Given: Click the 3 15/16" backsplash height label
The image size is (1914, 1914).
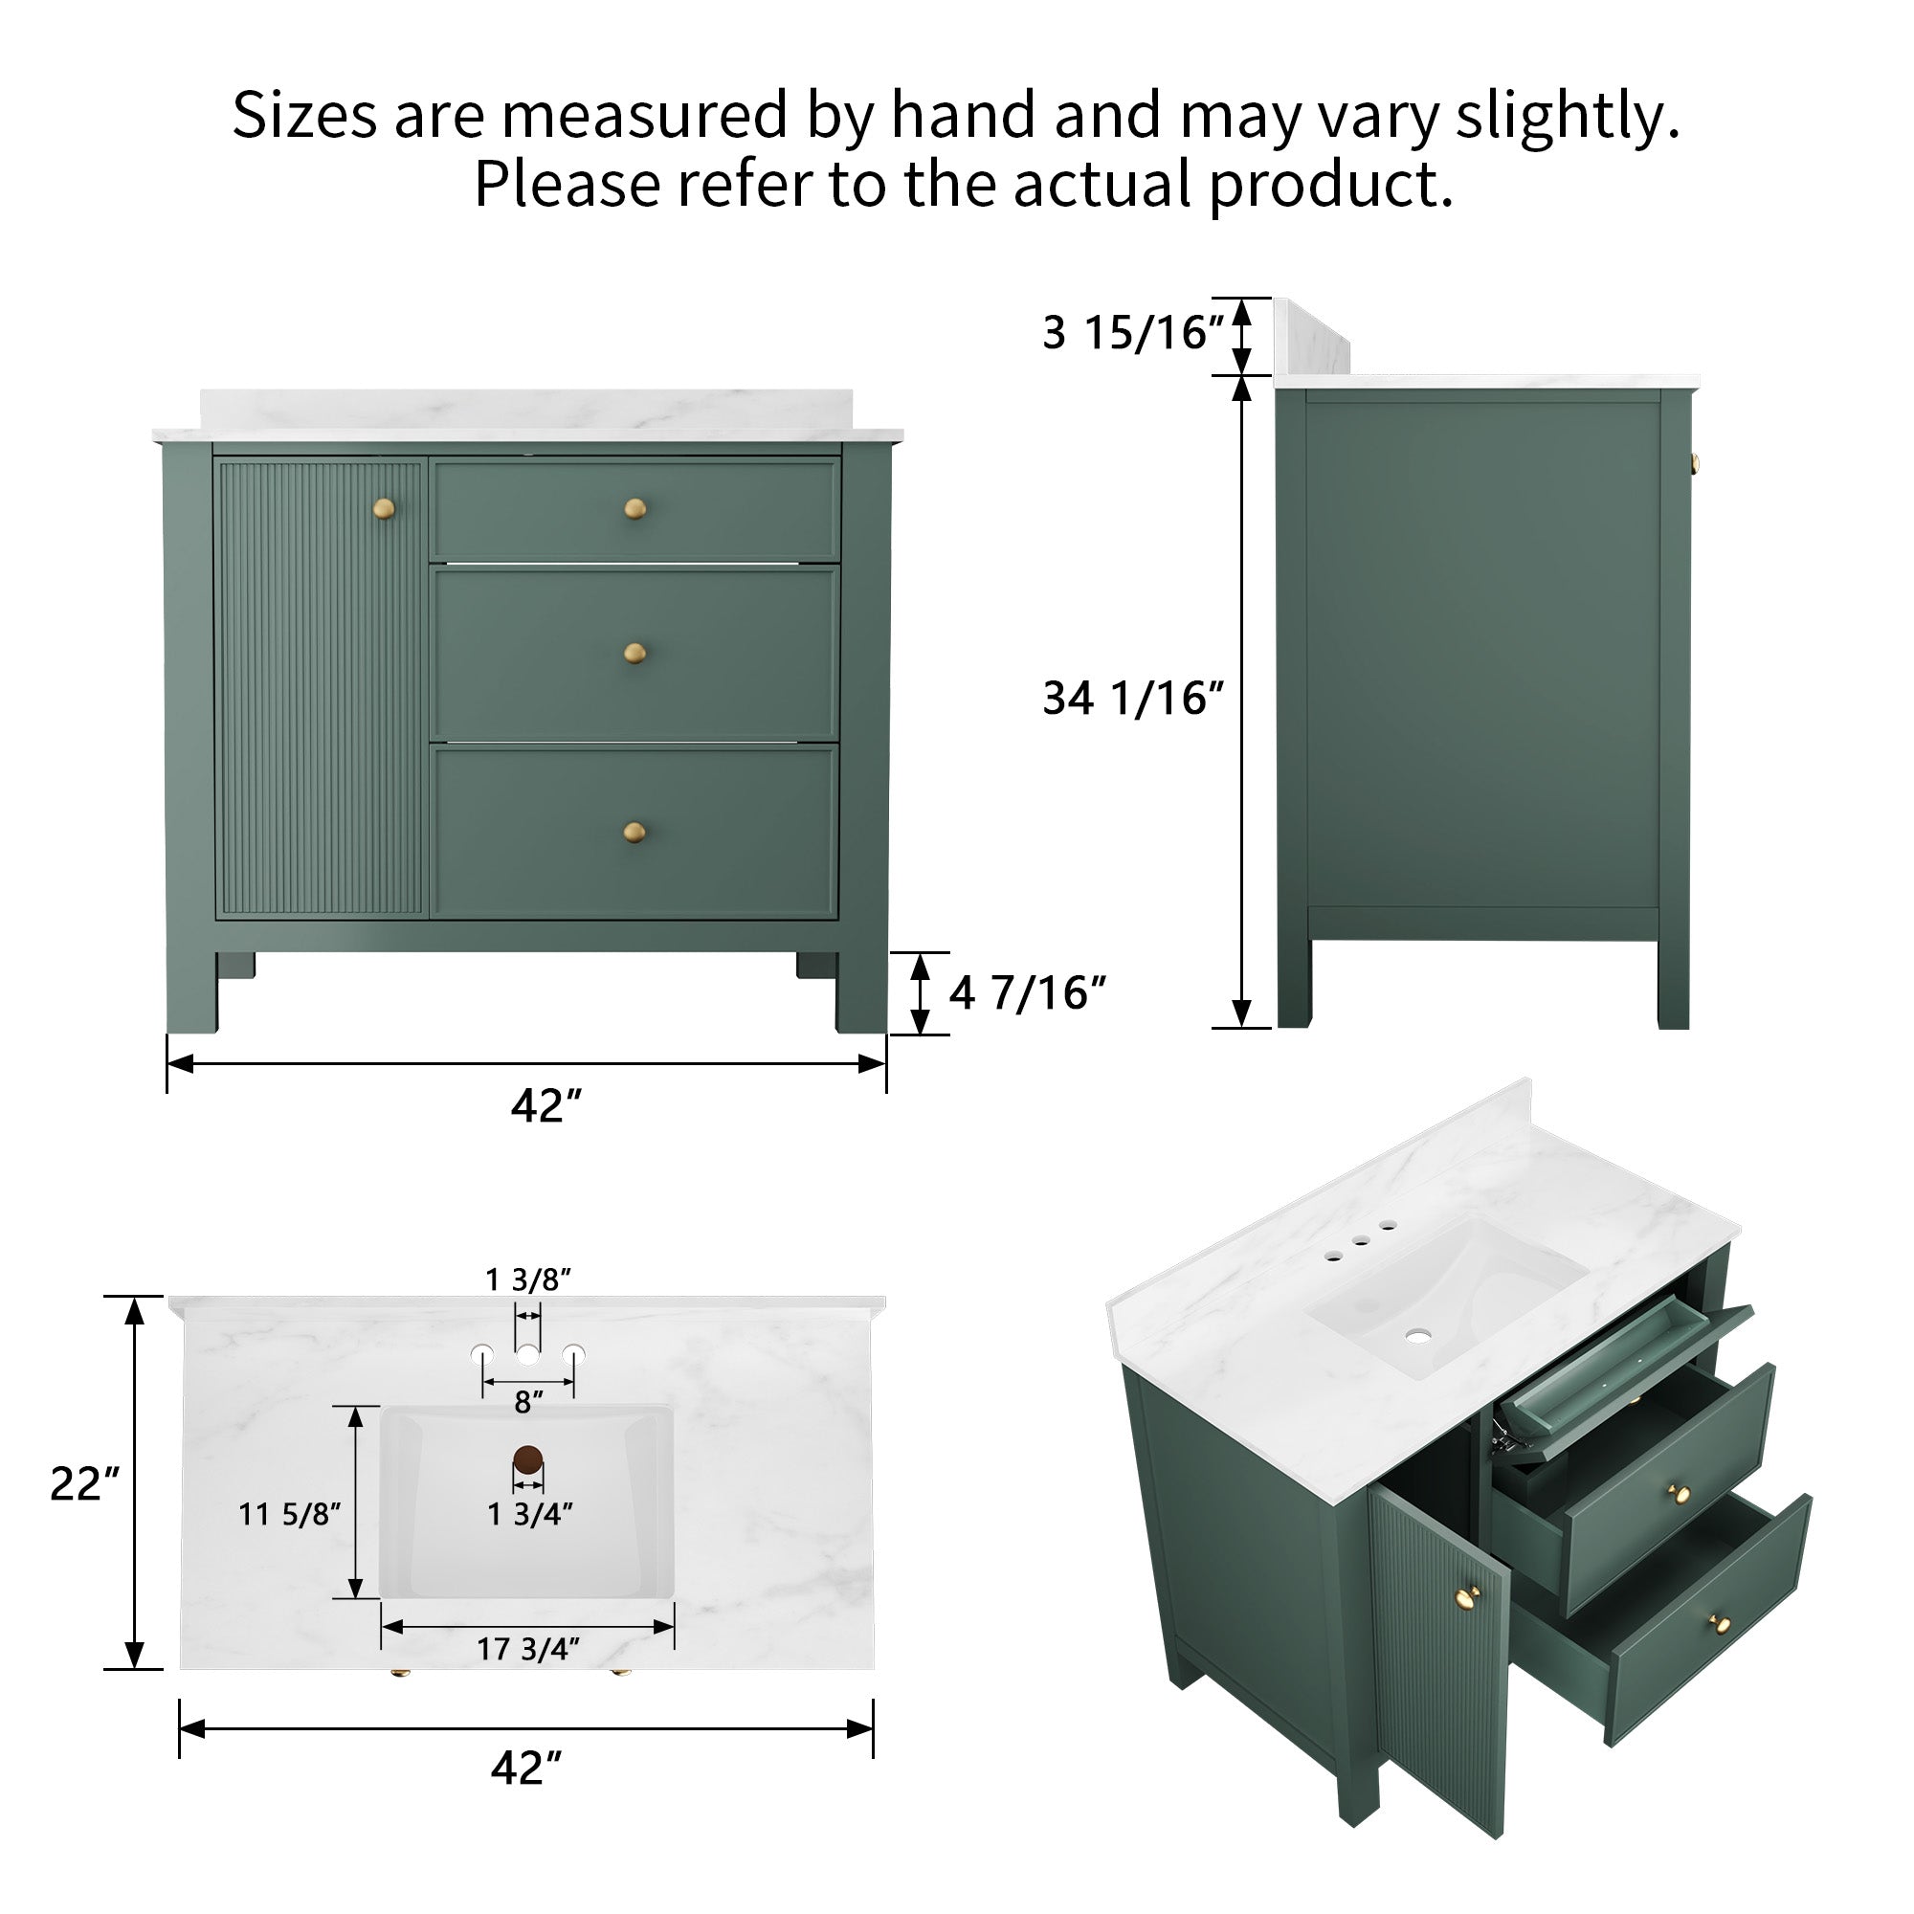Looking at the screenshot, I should [x=1132, y=333].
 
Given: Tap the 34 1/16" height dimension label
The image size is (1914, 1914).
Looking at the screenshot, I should [x=1132, y=699].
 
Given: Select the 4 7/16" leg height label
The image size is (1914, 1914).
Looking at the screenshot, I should [x=1026, y=992].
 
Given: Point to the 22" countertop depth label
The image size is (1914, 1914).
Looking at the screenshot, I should [x=84, y=1484].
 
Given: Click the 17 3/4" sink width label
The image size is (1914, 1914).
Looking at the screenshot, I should [x=528, y=1649].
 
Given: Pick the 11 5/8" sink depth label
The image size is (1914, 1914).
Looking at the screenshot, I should [x=289, y=1514].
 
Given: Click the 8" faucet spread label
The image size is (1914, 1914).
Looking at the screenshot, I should [x=529, y=1402].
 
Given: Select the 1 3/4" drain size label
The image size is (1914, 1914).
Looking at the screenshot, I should [x=530, y=1514].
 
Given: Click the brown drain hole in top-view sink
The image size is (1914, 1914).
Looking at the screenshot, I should [x=528, y=1459].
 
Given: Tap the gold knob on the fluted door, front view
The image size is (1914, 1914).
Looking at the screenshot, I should [x=384, y=509].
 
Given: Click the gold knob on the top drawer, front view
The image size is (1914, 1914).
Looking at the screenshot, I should [x=635, y=509].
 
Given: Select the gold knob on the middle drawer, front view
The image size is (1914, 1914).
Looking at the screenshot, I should [x=635, y=653].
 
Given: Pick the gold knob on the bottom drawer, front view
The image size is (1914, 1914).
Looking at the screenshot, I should [x=635, y=832].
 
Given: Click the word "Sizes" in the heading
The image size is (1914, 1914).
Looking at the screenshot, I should [x=304, y=115].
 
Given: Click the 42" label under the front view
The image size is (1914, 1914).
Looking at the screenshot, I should [x=545, y=1105].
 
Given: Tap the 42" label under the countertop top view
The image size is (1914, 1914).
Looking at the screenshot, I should [x=526, y=1768].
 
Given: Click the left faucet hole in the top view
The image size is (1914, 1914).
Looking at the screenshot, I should [x=482, y=1353].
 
